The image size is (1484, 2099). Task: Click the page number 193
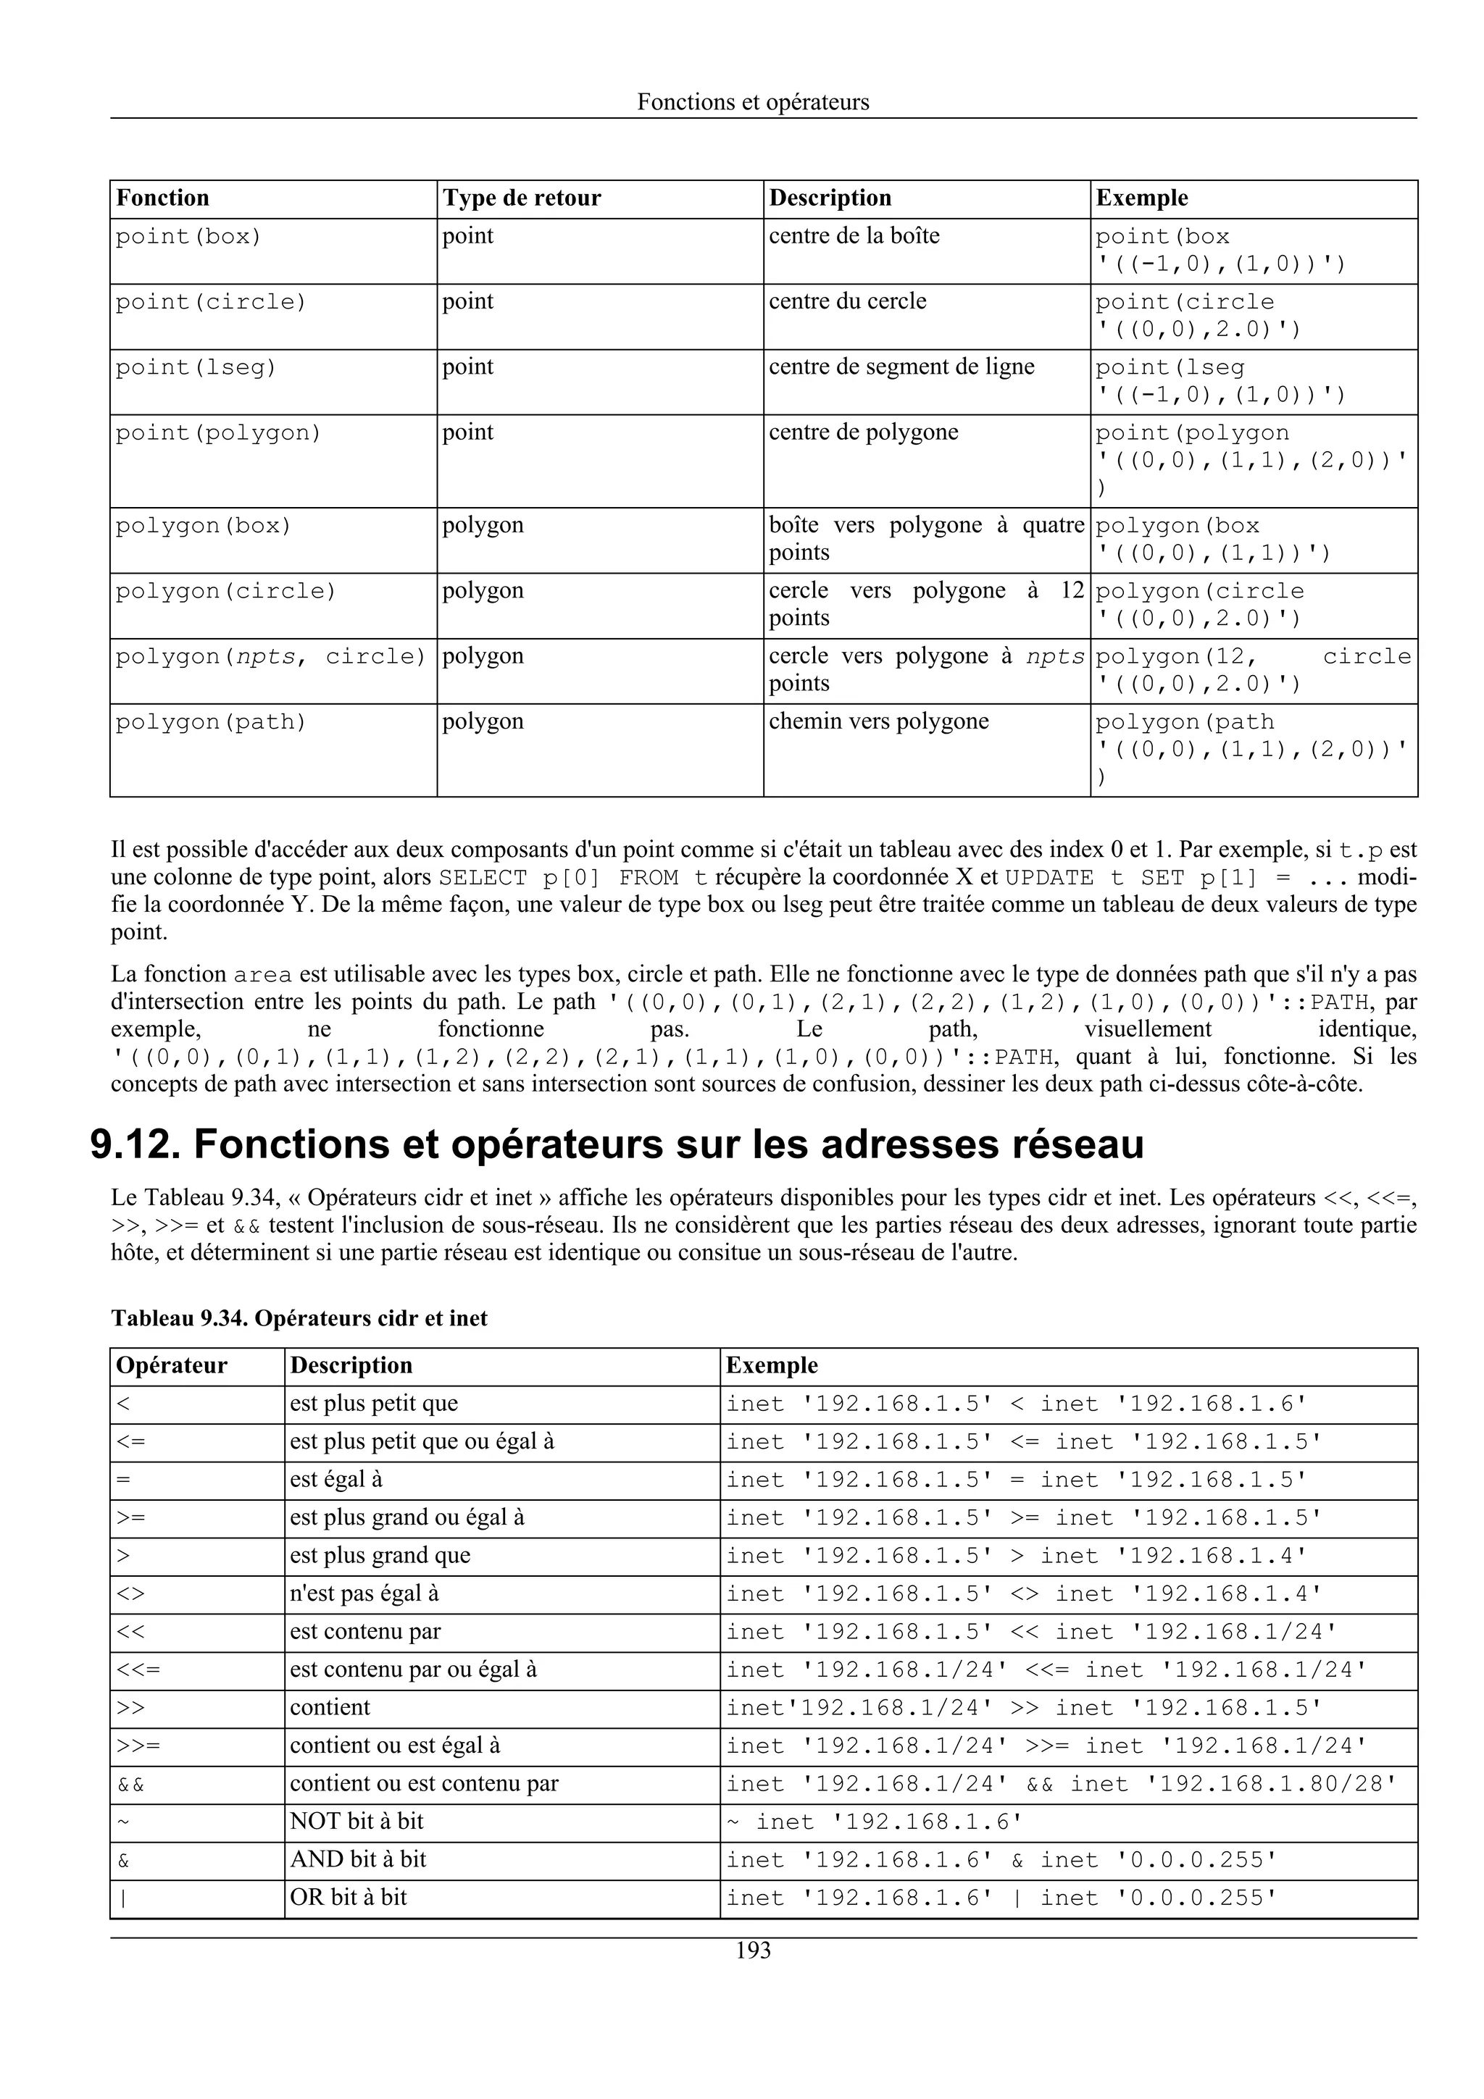pos(753,1951)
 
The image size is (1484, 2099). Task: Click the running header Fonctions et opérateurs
pos(753,101)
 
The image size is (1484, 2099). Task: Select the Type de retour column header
pos(521,198)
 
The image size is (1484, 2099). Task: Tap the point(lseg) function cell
pos(196,367)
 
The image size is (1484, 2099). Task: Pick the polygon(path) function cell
pos(211,722)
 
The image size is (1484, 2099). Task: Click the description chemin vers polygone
pos(878,721)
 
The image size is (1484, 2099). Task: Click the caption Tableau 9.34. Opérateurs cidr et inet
pos(299,1318)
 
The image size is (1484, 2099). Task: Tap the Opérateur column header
pos(171,1366)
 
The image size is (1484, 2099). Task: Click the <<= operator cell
pos(138,1670)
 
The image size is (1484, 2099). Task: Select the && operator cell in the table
pos(130,1785)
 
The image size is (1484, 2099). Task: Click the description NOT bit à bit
pos(357,1821)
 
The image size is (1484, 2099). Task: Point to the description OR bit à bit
pos(349,1897)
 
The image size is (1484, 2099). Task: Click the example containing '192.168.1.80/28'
pos(1061,1785)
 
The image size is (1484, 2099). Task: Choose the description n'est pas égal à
pos(364,1594)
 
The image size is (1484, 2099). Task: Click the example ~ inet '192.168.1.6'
pos(873,1822)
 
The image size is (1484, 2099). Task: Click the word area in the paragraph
pos(263,975)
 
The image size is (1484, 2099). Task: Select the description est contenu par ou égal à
pos(412,1670)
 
